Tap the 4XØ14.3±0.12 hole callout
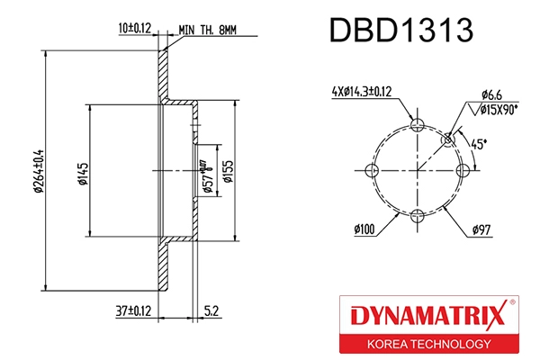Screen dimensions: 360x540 click(362, 91)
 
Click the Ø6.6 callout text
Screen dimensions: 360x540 click(492, 94)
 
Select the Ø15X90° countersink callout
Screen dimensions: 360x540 click(498, 109)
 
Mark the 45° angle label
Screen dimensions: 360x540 click(480, 142)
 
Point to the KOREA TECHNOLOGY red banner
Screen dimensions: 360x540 click(427, 345)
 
